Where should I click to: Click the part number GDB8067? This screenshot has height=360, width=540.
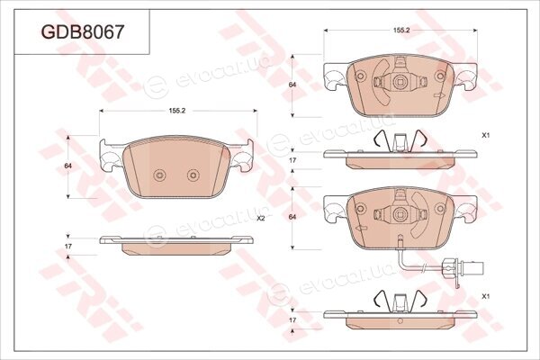click(x=82, y=32)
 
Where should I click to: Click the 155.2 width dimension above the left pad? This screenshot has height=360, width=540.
click(x=177, y=111)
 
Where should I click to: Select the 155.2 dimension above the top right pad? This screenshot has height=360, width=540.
click(x=401, y=31)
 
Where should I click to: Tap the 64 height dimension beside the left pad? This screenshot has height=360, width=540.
click(x=68, y=166)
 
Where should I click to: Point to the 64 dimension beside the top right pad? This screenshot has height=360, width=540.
click(x=292, y=85)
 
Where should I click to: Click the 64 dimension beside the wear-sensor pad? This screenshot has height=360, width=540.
click(x=292, y=217)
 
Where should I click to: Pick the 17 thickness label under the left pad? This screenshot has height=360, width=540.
click(x=68, y=247)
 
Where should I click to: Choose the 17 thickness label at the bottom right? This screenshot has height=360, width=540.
click(x=292, y=320)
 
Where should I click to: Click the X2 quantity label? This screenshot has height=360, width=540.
click(x=261, y=219)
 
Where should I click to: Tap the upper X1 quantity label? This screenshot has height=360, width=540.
click(x=486, y=136)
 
